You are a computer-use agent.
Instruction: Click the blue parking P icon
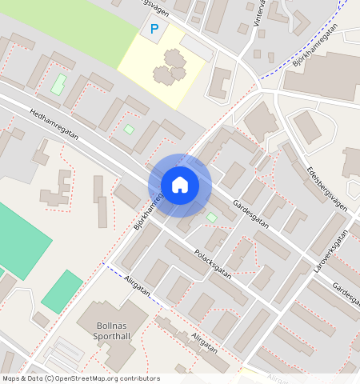[154, 30]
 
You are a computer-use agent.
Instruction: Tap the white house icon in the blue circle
[180, 185]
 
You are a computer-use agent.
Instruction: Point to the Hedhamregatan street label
[53, 126]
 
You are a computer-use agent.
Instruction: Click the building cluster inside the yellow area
[170, 67]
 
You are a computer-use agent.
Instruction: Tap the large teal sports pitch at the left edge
[20, 240]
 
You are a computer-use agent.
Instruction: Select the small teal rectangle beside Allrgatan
[62, 291]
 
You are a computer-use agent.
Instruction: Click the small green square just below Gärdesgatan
[211, 217]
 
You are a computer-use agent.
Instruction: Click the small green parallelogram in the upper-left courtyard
[58, 83]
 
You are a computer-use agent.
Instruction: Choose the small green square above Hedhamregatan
[129, 129]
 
